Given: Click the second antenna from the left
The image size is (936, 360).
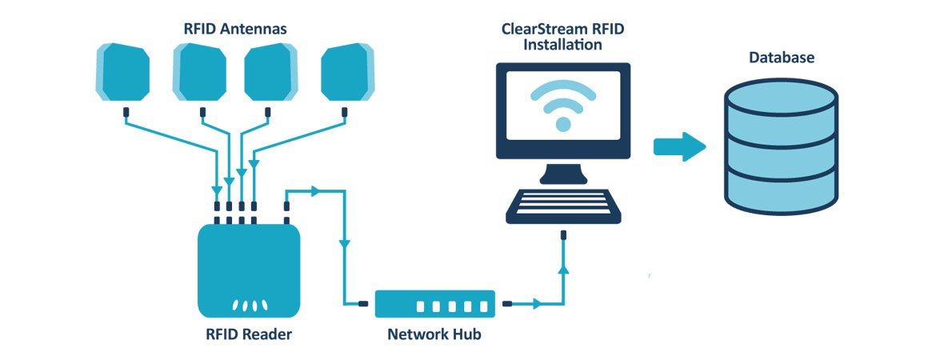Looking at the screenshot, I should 199,72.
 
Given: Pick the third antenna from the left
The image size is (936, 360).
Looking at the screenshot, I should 271,72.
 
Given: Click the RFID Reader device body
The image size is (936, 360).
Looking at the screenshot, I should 248,264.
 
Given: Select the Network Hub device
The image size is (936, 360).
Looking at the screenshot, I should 435,304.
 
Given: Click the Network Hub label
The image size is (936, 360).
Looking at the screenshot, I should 434,334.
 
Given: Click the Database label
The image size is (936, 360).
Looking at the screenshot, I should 782,58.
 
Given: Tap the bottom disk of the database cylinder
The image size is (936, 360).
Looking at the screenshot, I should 781,189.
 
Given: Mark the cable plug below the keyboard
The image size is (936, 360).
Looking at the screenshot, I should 563,236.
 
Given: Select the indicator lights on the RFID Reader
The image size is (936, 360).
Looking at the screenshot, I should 248,306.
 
